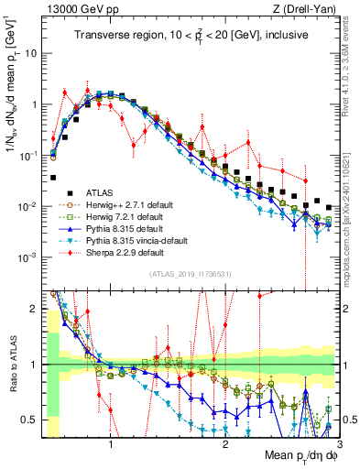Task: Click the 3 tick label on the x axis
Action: (x=339, y=445)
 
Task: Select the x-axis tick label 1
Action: (x=111, y=445)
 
